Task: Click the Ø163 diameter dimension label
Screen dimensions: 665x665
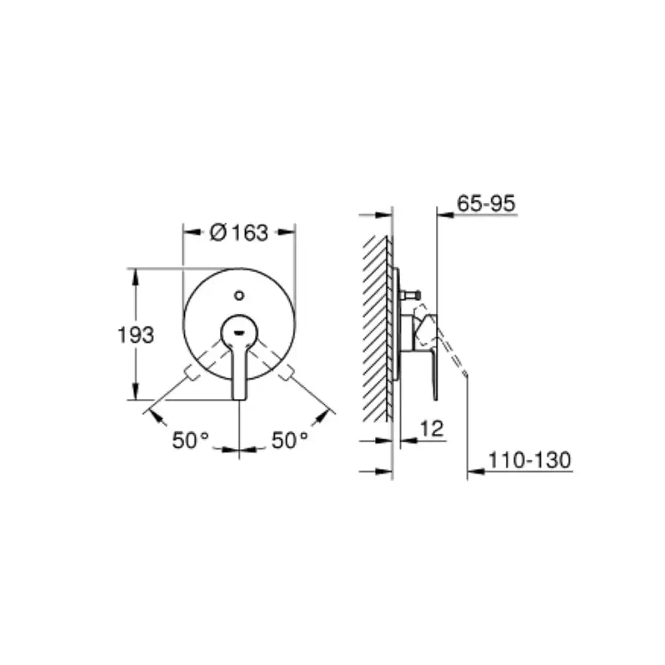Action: click(239, 233)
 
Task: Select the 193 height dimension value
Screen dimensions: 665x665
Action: click(136, 335)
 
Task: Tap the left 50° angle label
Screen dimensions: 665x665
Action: click(190, 440)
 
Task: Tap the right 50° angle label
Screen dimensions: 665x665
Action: click(290, 440)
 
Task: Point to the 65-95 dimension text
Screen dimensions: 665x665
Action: click(486, 203)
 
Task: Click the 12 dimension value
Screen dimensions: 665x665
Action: click(432, 429)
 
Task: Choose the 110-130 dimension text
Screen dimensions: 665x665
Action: click(530, 460)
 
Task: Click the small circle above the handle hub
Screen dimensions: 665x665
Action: click(239, 295)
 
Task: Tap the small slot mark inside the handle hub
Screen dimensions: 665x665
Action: click(239, 333)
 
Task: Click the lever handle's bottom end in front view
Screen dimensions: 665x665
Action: click(239, 398)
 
